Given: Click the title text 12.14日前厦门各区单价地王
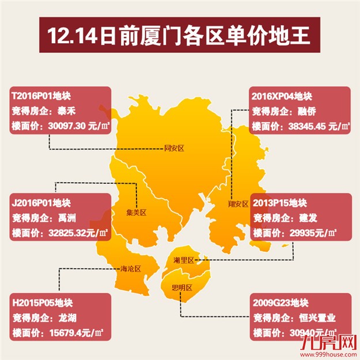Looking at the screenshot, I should tap(180, 36).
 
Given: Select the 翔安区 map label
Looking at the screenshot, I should tap(237, 203).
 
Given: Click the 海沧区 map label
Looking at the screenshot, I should tap(131, 268).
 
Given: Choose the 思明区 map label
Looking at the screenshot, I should tap(181, 287).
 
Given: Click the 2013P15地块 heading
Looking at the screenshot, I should tap(280, 203).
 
